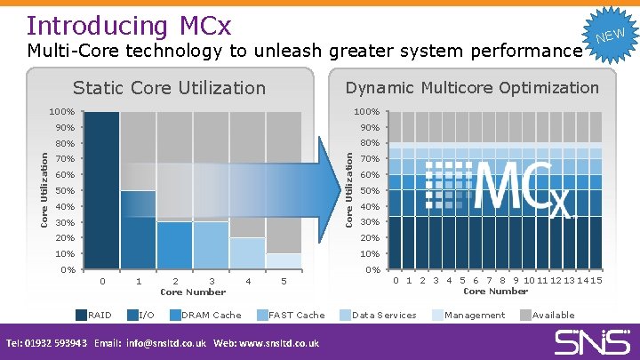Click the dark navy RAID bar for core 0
click(x=101, y=190)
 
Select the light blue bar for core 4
click(x=247, y=253)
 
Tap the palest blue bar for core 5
click(x=284, y=261)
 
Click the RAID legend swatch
click(x=81, y=315)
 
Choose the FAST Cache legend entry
click(x=291, y=315)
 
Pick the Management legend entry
click(x=468, y=315)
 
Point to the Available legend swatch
click(x=525, y=315)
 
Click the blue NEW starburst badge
click(x=611, y=36)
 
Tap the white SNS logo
click(x=592, y=342)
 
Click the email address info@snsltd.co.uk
click(x=166, y=343)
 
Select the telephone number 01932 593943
click(x=56, y=343)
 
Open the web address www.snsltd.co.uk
click(x=279, y=343)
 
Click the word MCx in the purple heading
click(x=205, y=25)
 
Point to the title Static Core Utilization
click(x=169, y=88)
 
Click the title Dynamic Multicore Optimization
click(x=472, y=88)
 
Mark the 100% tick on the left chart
click(x=62, y=112)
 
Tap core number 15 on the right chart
click(x=596, y=280)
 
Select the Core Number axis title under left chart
click(x=193, y=292)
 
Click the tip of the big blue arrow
click(x=340, y=189)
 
